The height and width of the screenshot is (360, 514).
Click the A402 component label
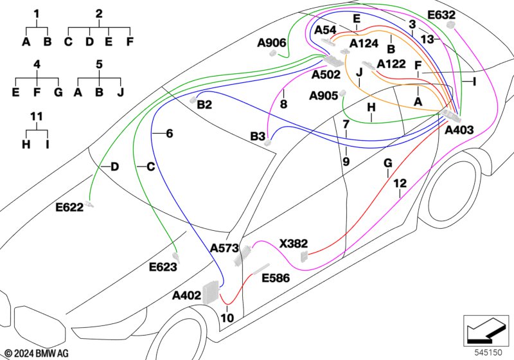click(x=186, y=296)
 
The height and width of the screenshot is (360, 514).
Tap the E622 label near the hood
click(x=69, y=207)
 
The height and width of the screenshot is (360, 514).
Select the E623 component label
click(x=163, y=267)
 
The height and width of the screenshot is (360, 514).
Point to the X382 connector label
click(x=294, y=244)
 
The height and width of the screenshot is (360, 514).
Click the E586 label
click(x=276, y=278)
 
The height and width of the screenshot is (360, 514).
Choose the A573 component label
click(x=224, y=248)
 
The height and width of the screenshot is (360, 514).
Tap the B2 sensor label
click(x=204, y=105)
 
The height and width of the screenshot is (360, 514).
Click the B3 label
click(x=258, y=136)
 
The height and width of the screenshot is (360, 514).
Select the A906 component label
click(x=272, y=42)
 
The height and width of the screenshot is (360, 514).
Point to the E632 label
click(x=441, y=15)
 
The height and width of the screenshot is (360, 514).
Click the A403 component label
click(x=459, y=130)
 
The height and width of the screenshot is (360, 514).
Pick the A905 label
click(x=324, y=96)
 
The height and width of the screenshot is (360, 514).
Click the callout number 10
click(x=227, y=318)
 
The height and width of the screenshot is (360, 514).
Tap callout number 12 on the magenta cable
click(x=400, y=183)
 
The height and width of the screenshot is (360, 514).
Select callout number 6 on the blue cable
click(x=169, y=134)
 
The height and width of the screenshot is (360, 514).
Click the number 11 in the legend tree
click(x=37, y=116)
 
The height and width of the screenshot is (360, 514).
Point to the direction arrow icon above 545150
click(x=486, y=330)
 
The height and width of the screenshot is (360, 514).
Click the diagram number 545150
click(x=488, y=353)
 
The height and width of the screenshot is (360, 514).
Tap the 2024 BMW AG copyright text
click(x=37, y=354)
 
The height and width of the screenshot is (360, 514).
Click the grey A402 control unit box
click(x=210, y=292)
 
